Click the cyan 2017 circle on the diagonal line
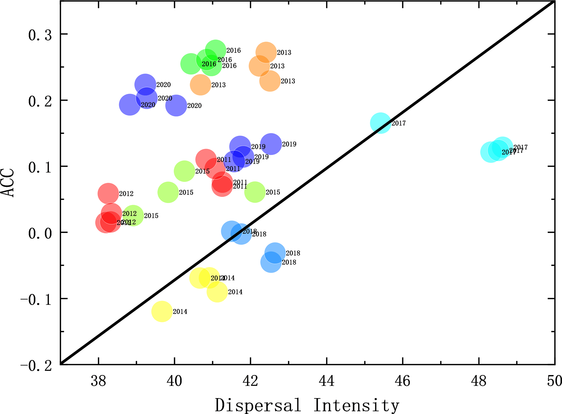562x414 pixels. pos(381,123)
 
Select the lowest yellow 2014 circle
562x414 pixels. pos(162,311)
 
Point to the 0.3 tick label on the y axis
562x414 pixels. pos(40,35)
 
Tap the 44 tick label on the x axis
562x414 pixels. pos(327,381)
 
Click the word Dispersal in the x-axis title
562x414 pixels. pos(258,405)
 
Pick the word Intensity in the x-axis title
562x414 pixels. pos(356,405)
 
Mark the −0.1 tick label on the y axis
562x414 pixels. pos(36,300)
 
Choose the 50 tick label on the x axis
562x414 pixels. pos(554,381)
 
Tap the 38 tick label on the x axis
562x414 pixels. pos(98,381)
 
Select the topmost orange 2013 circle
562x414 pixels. pos(266,52)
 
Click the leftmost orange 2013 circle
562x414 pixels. pos(200,85)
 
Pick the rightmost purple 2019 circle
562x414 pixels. pos(271,144)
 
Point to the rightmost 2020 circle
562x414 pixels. pos(176,106)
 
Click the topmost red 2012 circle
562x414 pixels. pos(108,194)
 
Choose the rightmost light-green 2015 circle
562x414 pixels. pos(255,192)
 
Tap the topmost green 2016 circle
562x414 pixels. pos(215,50)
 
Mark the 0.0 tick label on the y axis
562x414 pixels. pos(40,233)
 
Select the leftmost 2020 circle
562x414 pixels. pos(130,105)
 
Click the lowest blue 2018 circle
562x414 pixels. pos(271,262)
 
